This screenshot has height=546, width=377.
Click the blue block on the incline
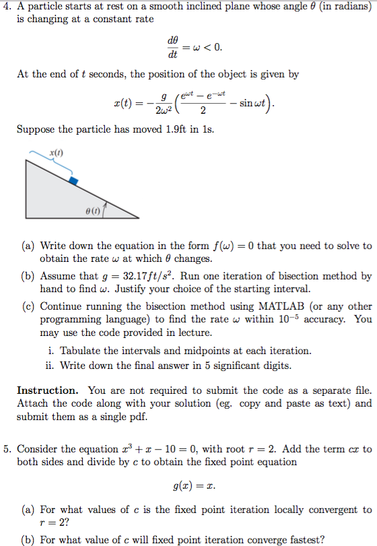click(74, 180)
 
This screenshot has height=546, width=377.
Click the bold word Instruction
click(47, 390)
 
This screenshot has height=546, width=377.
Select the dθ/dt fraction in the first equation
click(173, 47)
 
